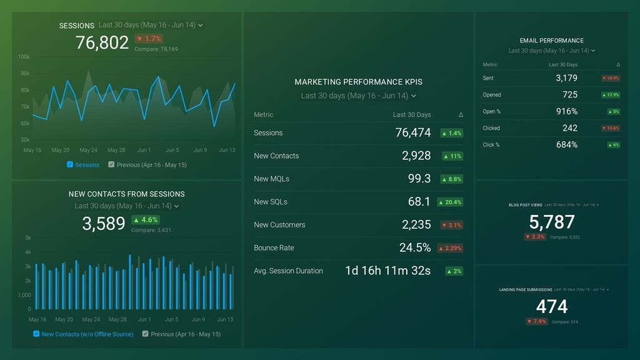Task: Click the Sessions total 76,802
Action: [102, 42]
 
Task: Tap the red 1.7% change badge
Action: [149, 39]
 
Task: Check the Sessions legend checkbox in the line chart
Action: [70, 164]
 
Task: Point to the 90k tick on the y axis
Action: [24, 74]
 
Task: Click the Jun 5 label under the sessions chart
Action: [172, 150]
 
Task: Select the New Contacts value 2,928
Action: [416, 156]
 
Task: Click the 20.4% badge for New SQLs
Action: [450, 202]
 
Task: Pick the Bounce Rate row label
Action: [274, 248]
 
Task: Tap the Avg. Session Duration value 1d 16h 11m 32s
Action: [387, 271]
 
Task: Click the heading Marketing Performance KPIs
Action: [358, 82]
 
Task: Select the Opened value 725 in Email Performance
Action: [569, 95]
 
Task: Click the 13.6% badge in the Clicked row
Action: [610, 128]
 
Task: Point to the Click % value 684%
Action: [566, 145]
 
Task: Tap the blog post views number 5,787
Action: [551, 222]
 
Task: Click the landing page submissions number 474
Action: [551, 306]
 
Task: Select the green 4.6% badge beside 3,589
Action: [145, 220]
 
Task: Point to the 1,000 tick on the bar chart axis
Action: [24, 295]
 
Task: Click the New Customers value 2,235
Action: [416, 225]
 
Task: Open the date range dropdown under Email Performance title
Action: [551, 51]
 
